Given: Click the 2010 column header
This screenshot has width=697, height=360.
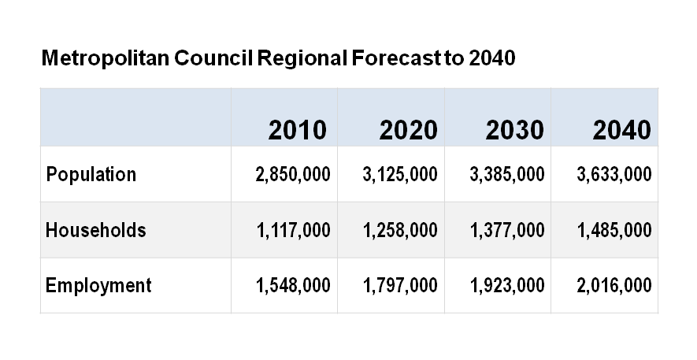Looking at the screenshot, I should tap(297, 130).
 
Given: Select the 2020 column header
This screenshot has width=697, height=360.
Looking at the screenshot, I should tap(408, 130).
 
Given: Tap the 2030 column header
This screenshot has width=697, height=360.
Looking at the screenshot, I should tap(514, 130).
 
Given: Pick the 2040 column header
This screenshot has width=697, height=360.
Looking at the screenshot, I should tap(621, 130).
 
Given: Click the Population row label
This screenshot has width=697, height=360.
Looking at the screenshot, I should tap(91, 174).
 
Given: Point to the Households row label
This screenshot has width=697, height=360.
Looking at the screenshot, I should tap(95, 230).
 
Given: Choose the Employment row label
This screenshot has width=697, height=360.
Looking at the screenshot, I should tap(98, 285).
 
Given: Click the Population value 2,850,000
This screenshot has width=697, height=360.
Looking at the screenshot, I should tap(293, 174).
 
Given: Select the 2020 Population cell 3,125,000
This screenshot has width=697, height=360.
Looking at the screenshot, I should tap(400, 174).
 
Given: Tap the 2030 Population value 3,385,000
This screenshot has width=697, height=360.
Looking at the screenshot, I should tap(506, 174).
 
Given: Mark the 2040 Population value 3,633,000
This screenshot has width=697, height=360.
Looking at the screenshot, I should tap(614, 174).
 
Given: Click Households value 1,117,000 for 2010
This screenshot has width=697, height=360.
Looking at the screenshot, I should tap(293, 230).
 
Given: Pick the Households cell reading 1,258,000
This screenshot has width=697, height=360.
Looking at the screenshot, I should tap(400, 230).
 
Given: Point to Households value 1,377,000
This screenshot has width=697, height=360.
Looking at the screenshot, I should tap(506, 230).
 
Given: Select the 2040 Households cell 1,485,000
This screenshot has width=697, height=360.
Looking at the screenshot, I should tap(614, 230).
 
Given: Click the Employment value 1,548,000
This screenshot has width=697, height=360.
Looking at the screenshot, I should tap(293, 285).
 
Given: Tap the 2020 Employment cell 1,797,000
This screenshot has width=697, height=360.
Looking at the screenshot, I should tap(400, 285).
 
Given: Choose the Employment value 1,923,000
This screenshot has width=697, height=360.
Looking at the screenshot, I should tap(506, 285).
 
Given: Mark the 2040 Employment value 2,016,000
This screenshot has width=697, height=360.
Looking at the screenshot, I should tap(614, 285).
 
